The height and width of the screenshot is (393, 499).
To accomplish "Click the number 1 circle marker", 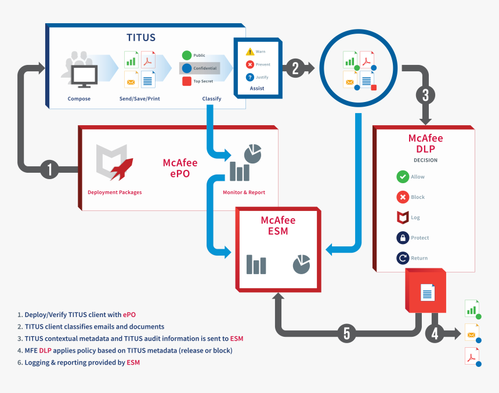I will tap(50, 170).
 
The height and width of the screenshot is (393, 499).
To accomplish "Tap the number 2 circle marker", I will tap(295, 68).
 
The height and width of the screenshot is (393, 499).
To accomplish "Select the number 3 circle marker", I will tap(425, 94).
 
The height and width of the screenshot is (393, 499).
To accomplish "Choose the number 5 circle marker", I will tap(347, 333).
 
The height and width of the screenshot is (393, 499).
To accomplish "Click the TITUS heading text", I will tap(141, 38).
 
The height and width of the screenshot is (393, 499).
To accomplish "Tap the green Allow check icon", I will tap(403, 177).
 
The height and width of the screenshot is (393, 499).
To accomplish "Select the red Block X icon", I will tap(403, 197).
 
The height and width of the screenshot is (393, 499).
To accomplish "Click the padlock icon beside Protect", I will tap(403, 238).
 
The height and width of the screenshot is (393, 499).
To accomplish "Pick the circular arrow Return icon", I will tap(403, 258).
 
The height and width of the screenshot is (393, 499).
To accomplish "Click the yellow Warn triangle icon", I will tap(249, 52).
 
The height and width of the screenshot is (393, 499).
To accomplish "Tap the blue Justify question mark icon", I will tap(249, 77).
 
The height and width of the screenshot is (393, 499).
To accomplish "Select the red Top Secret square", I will tap(187, 81).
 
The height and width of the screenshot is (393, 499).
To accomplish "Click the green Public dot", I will tap(187, 56).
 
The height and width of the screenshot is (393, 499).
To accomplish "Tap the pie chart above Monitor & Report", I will tap(252, 154).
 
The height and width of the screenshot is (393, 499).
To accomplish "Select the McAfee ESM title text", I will tap(278, 225).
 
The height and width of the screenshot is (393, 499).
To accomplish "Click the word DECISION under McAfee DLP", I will tap(425, 160).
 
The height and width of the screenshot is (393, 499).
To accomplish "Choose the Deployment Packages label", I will tap(114, 192).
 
